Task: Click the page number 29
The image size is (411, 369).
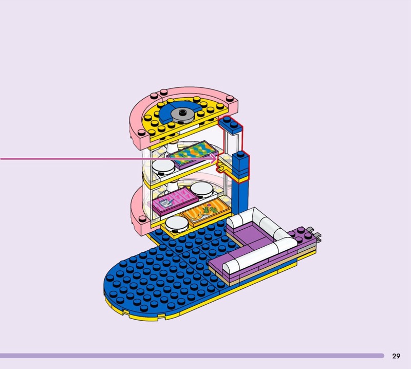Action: point(396,356)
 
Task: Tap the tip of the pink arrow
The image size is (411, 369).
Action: point(217,159)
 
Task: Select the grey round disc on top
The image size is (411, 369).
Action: point(182,116)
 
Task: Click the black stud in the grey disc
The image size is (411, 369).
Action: point(182,112)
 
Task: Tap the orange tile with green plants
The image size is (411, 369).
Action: point(207,212)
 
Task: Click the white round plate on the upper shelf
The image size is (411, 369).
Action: point(163,168)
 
